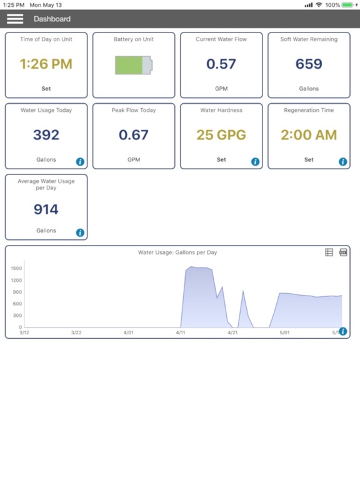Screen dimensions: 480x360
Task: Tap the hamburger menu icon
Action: coord(15,19)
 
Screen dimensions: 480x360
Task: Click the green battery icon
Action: coord(133,65)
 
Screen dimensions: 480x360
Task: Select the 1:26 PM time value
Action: coord(46,64)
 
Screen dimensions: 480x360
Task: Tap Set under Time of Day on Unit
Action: coord(46,89)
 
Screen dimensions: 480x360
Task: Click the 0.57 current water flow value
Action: coord(221,64)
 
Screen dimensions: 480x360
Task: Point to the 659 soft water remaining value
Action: coord(309,64)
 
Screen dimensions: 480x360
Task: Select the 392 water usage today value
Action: coord(46,134)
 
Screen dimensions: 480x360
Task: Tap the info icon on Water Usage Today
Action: coord(80,162)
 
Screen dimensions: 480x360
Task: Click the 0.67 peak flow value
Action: coord(134,134)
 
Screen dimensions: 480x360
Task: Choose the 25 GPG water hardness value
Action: coord(221,134)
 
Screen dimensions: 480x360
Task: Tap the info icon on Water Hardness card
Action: coord(255,162)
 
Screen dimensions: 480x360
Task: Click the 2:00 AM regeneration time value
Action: coord(309,134)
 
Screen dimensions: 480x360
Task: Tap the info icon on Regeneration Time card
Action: coord(342,162)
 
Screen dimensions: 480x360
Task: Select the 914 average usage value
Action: coord(46,210)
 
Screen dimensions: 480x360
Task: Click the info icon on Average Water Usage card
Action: coord(80,233)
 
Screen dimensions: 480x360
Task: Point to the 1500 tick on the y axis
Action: coord(16,268)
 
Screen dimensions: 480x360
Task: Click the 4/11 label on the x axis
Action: coord(181,332)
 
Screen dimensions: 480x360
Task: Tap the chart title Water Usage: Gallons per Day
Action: coord(177,252)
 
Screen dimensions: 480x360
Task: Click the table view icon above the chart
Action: coord(329,252)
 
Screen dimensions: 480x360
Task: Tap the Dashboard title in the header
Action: coord(52,19)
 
